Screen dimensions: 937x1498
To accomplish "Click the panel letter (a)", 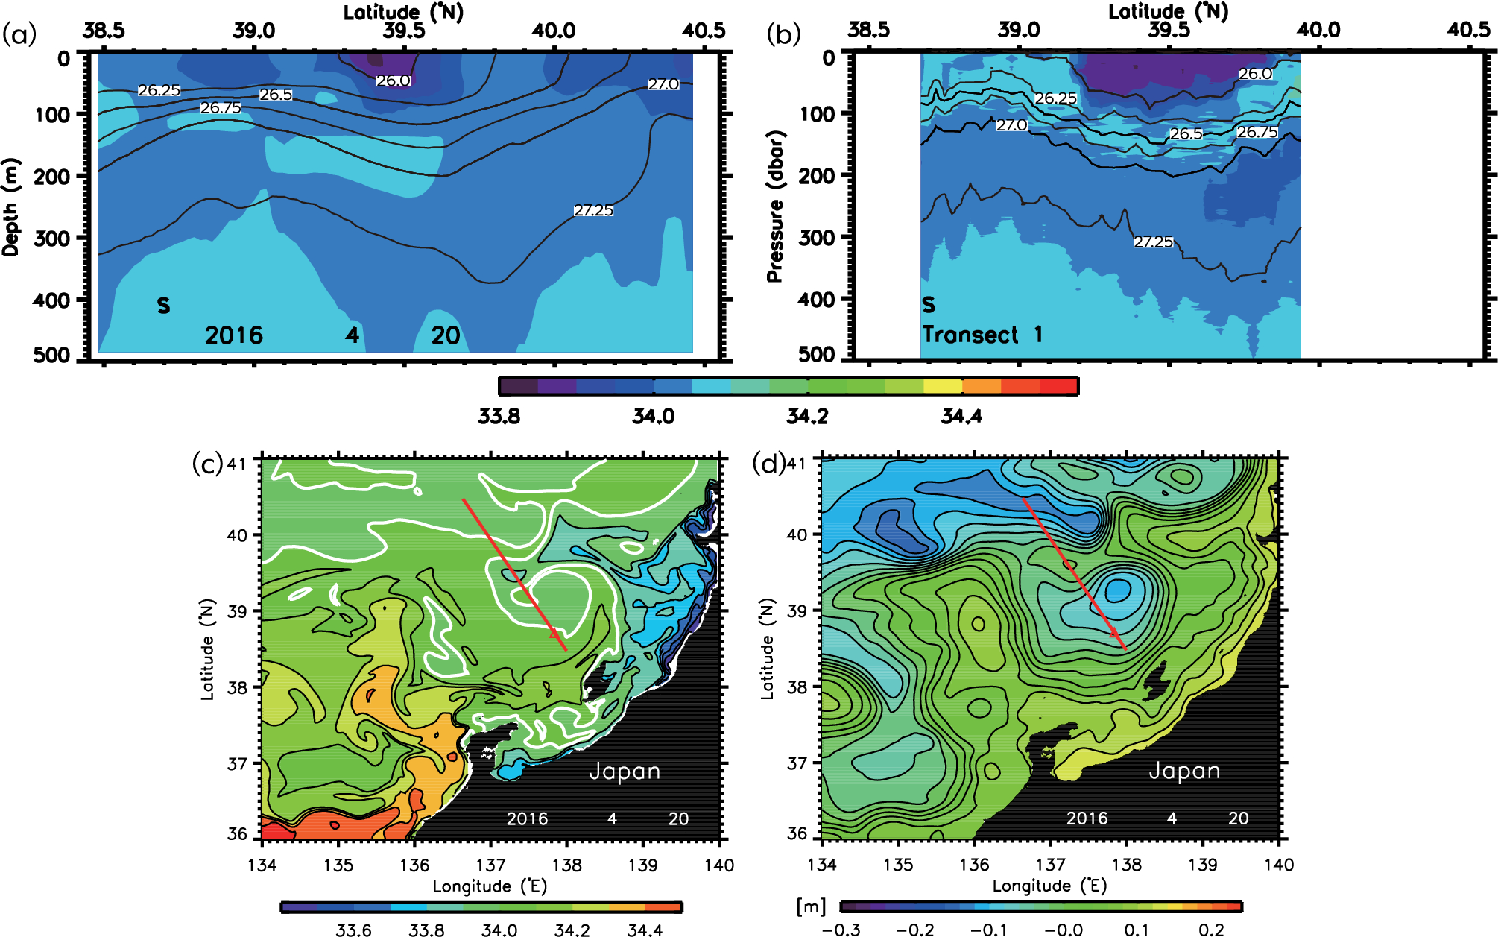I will pyautogui.click(x=19, y=34).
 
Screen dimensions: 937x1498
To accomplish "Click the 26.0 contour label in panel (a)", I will pyautogui.click(x=393, y=81).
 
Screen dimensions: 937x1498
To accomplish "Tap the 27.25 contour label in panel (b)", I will pyautogui.click(x=1153, y=242).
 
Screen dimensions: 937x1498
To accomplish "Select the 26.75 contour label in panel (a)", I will pyautogui.click(x=221, y=108).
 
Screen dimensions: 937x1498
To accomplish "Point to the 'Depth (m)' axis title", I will pyautogui.click(x=10, y=207).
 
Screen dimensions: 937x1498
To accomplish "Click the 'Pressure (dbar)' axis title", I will pyautogui.click(x=775, y=207).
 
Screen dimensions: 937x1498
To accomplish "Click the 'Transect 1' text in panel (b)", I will pyautogui.click(x=982, y=335).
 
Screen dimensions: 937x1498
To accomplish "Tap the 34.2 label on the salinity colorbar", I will pyautogui.click(x=807, y=416).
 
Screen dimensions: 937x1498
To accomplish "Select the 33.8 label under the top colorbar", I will pyautogui.click(x=499, y=416).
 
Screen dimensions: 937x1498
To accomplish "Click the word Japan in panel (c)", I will pyautogui.click(x=625, y=772).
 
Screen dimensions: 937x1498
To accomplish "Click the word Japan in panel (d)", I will pyautogui.click(x=1184, y=771).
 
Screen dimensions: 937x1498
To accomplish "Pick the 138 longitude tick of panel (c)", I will pyautogui.click(x=566, y=865).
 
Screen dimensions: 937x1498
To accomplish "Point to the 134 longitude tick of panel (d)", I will pyautogui.click(x=822, y=865).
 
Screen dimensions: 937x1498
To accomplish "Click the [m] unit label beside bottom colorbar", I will pyautogui.click(x=811, y=906).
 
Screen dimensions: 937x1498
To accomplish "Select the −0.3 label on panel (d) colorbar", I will pyautogui.click(x=841, y=930).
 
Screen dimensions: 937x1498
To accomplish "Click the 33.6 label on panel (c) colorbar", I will pyautogui.click(x=353, y=930).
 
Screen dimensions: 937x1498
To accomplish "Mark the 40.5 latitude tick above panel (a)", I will pyautogui.click(x=704, y=31).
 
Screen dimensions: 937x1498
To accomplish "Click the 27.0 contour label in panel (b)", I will pyautogui.click(x=1011, y=125).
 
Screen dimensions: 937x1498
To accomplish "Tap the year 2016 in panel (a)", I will pyautogui.click(x=234, y=335).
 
